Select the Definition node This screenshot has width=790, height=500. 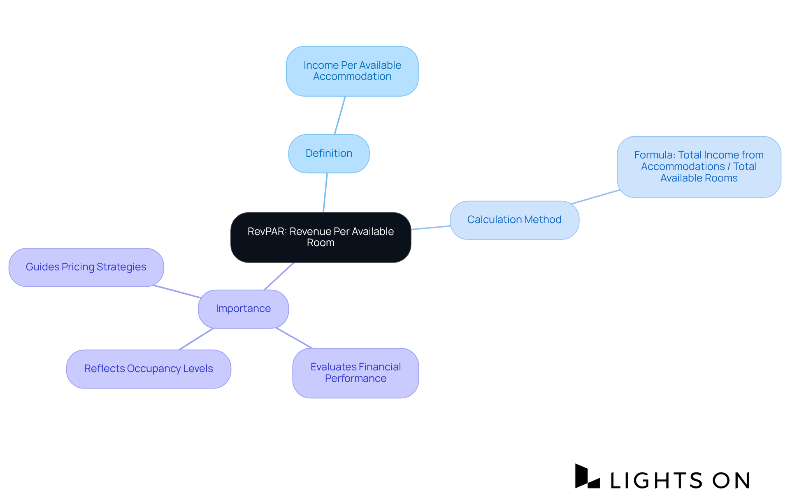click(x=329, y=153)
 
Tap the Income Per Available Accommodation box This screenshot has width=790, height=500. click(x=352, y=71)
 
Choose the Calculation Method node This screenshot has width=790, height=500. click(x=514, y=220)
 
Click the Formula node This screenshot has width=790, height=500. click(x=699, y=167)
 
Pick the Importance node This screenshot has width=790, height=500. click(x=243, y=309)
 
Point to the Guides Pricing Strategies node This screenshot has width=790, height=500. click(x=86, y=267)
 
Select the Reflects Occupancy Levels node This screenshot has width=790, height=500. click(x=149, y=369)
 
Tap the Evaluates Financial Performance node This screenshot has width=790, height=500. click(x=355, y=373)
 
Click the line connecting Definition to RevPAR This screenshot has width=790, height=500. click(x=325, y=193)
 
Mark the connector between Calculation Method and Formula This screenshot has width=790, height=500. click(x=595, y=197)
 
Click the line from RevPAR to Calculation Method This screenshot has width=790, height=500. click(x=430, y=228)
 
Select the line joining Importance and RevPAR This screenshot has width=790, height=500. click(x=279, y=276)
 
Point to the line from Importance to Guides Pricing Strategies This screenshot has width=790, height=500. click(x=177, y=291)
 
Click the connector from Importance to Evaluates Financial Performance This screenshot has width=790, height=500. click(x=294, y=338)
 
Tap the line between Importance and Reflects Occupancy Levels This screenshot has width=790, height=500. click(x=196, y=339)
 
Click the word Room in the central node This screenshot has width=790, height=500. click(x=321, y=243)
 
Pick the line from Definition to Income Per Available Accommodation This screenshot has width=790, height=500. click(x=340, y=115)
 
